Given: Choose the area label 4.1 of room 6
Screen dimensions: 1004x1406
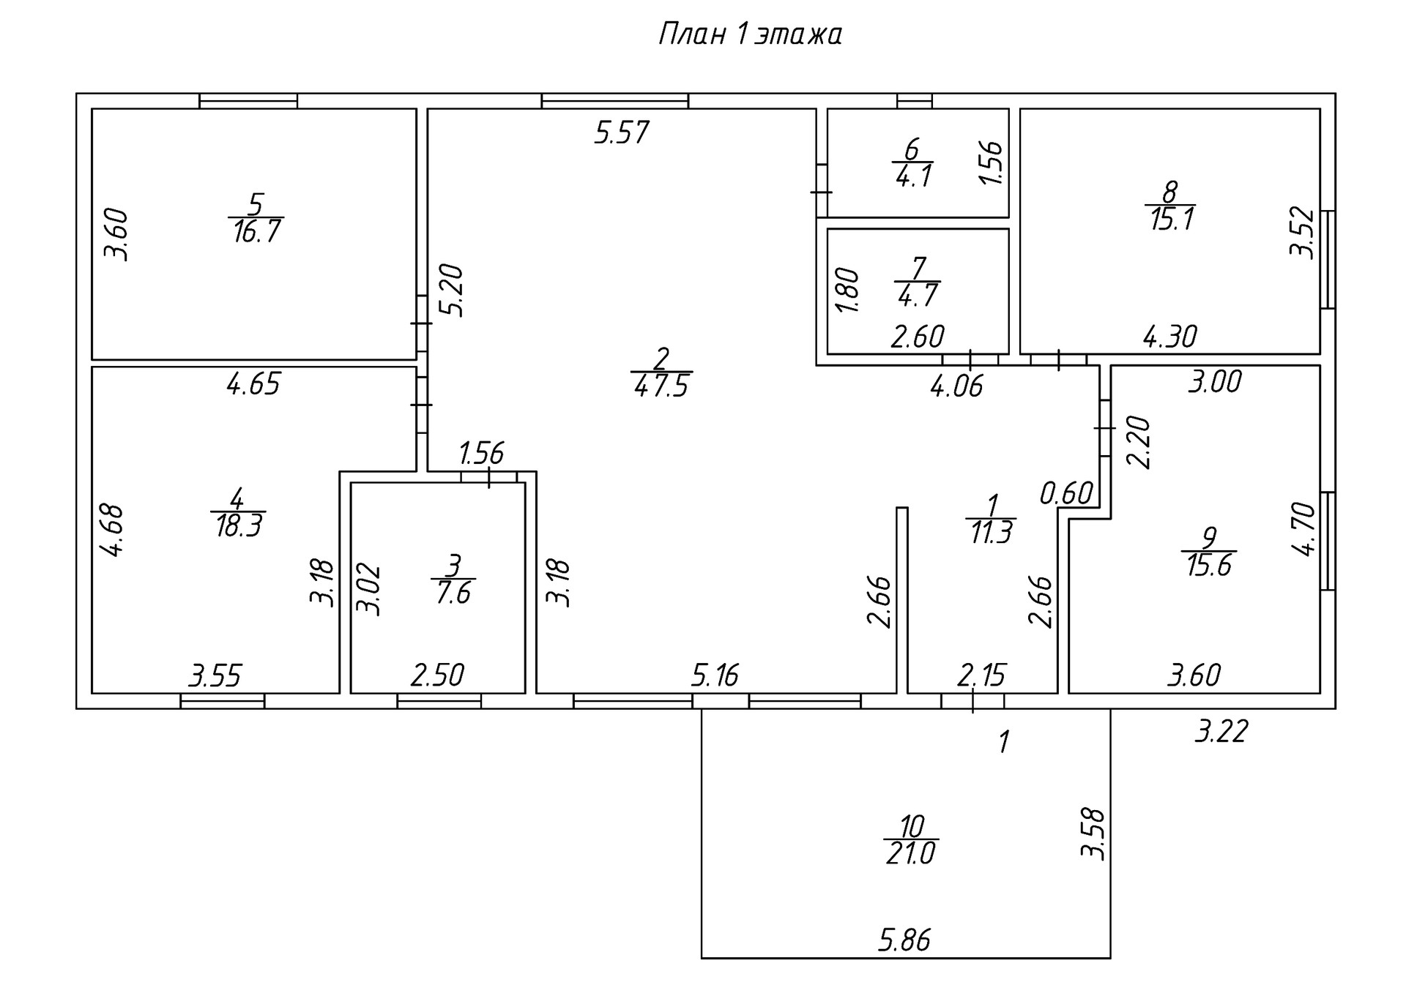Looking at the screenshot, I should click(913, 177).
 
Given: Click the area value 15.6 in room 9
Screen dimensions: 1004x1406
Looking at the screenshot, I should click(1209, 566).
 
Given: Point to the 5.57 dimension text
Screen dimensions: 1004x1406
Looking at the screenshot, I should click(622, 133).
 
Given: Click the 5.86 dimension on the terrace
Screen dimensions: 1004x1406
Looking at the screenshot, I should click(904, 940).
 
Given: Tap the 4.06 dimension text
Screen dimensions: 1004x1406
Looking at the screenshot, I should click(956, 386).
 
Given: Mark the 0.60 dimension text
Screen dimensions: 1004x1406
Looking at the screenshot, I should click(1066, 494).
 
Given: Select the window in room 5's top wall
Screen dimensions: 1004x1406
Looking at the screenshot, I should click(248, 101).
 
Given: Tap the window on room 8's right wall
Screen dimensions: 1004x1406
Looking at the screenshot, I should click(1328, 260).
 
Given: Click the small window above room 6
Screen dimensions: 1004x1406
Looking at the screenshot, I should click(915, 101).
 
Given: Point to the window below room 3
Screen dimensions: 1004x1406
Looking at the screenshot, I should click(439, 701).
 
